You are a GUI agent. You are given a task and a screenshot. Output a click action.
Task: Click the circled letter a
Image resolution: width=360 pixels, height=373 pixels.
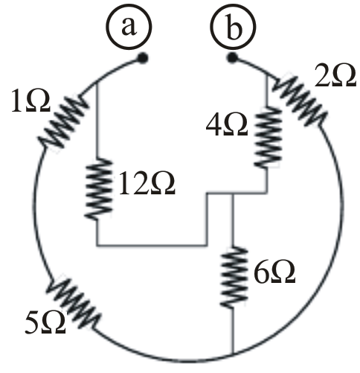pyautogui.click(x=129, y=27)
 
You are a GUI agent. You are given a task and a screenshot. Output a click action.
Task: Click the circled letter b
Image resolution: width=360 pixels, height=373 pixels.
pyautogui.click(x=233, y=27)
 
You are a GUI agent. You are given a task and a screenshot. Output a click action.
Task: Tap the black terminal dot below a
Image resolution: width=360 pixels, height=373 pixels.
pyautogui.click(x=143, y=58)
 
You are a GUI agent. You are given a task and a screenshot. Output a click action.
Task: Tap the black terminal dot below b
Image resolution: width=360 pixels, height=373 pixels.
pyautogui.click(x=232, y=58)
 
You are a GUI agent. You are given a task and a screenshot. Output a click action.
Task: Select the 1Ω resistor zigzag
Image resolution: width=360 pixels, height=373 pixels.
pyautogui.click(x=63, y=121)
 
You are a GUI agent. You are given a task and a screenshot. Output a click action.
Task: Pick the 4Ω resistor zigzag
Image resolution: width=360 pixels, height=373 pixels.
pyautogui.click(x=268, y=137)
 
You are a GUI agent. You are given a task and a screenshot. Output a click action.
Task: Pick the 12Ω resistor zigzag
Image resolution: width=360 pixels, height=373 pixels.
pyautogui.click(x=98, y=189)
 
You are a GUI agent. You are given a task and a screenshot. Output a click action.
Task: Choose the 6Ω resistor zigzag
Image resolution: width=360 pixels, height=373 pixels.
pyautogui.click(x=234, y=277)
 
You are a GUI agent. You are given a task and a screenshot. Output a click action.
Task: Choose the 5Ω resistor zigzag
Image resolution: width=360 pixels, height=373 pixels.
pyautogui.click(x=74, y=304)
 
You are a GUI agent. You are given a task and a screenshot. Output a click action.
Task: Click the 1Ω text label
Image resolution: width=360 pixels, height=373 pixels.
pyautogui.click(x=30, y=103)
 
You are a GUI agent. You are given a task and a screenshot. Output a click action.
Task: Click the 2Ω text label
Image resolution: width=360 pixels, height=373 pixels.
pyautogui.click(x=335, y=77)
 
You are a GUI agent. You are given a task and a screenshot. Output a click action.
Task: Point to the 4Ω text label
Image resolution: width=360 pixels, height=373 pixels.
pyautogui.click(x=227, y=125)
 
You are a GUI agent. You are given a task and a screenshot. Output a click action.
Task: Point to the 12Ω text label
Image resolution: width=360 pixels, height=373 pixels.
pyautogui.click(x=147, y=184)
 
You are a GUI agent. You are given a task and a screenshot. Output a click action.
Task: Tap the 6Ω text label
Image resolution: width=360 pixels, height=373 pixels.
pyautogui.click(x=274, y=273)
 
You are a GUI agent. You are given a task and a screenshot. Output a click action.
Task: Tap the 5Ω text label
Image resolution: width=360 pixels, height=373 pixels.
pyautogui.click(x=45, y=323)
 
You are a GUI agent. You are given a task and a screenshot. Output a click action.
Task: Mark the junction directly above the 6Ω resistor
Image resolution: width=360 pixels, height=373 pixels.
pyautogui.click(x=233, y=193)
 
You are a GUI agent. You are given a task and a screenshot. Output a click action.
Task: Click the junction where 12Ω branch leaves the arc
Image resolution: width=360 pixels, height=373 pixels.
pyautogui.click(x=97, y=83)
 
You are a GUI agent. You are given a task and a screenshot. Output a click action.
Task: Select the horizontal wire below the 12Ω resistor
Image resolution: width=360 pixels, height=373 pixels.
pyautogui.click(x=152, y=246)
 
